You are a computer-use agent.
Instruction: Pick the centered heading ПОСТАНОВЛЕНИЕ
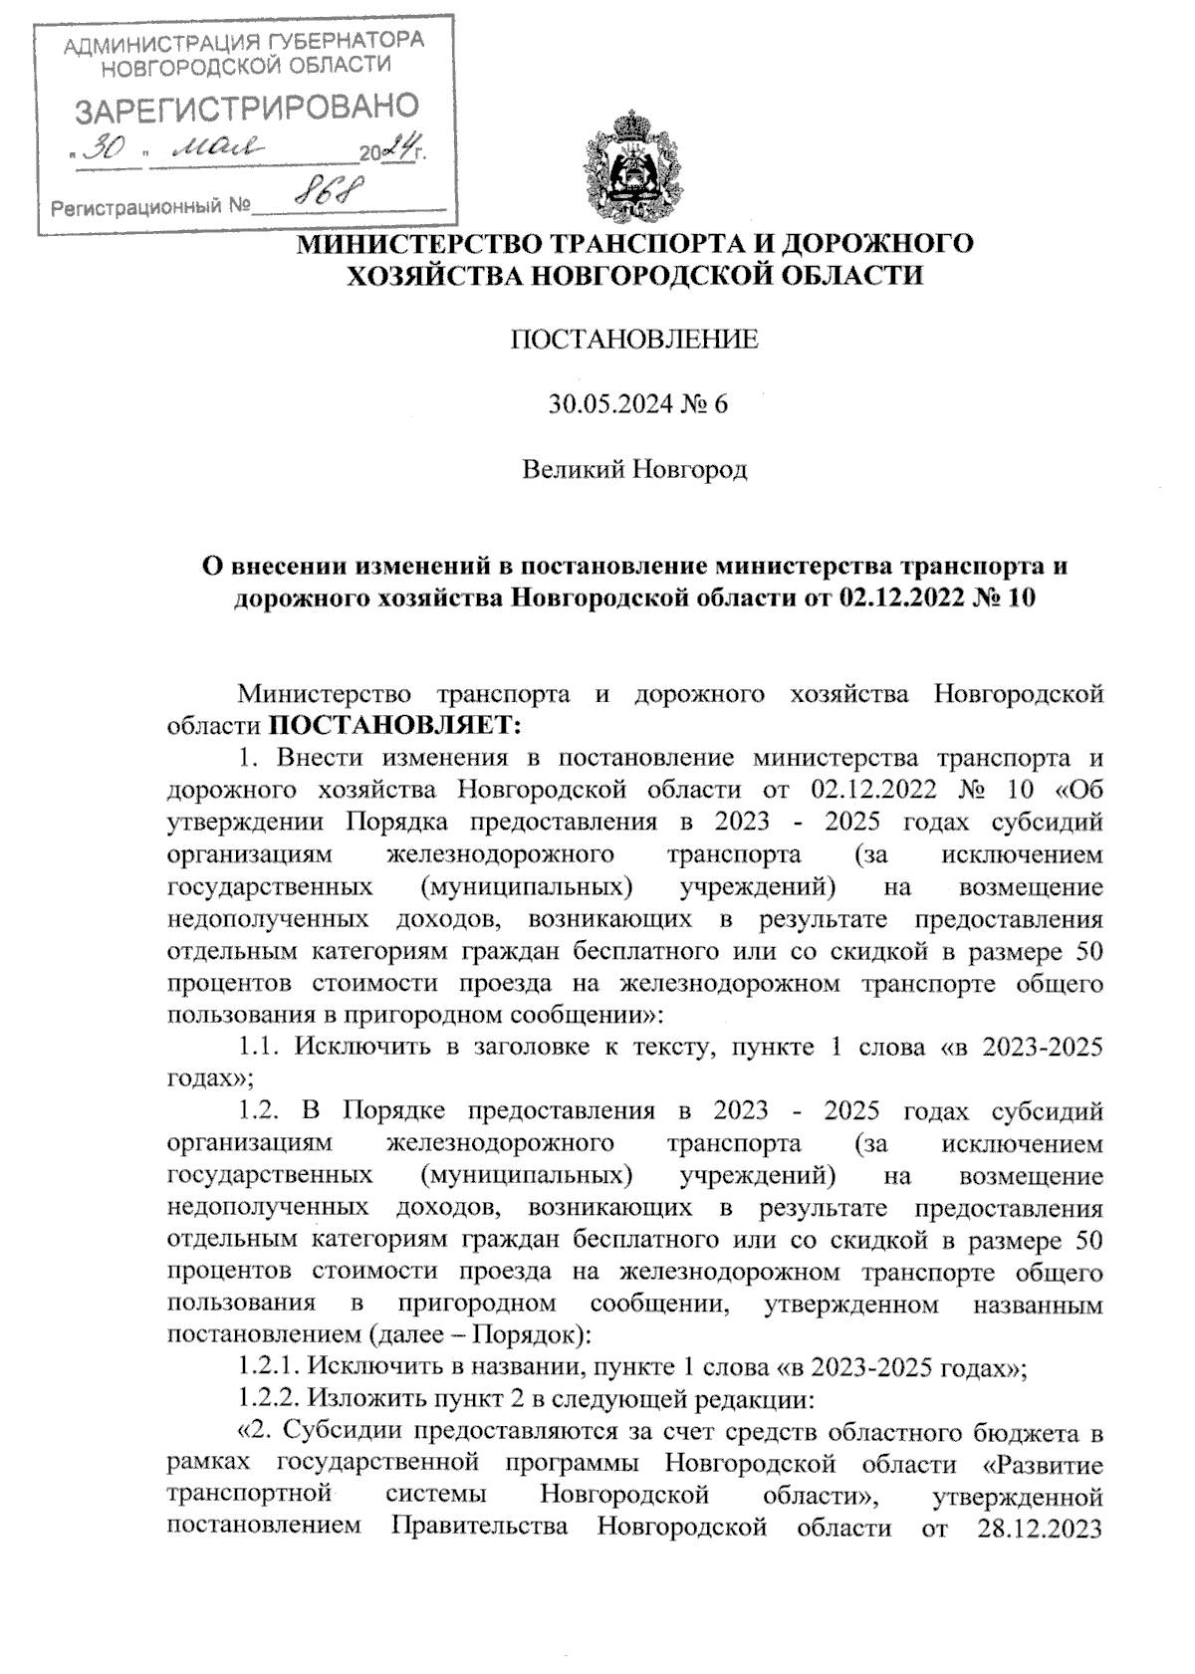(x=633, y=341)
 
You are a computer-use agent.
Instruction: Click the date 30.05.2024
(x=603, y=404)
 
